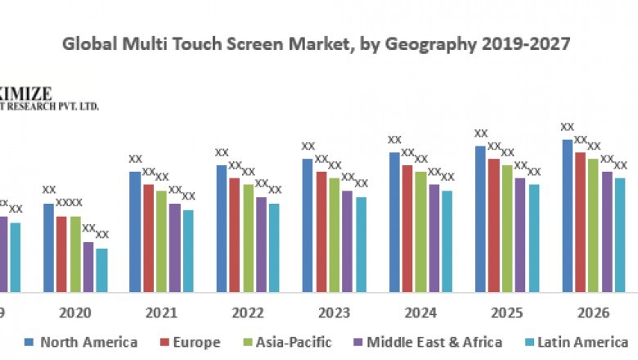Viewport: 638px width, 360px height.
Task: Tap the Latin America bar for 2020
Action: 101,270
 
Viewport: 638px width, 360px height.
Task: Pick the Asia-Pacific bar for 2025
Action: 507,228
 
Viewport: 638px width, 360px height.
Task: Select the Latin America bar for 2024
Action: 447,241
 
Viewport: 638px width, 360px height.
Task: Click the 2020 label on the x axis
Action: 75,312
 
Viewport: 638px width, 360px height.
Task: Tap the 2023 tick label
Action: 334,312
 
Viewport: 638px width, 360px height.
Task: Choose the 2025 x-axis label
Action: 507,312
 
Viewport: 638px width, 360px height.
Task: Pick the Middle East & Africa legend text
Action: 434,342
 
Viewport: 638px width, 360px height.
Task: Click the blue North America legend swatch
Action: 29,342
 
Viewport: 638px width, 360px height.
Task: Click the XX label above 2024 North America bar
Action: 394,140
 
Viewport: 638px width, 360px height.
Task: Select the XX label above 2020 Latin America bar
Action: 102,235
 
